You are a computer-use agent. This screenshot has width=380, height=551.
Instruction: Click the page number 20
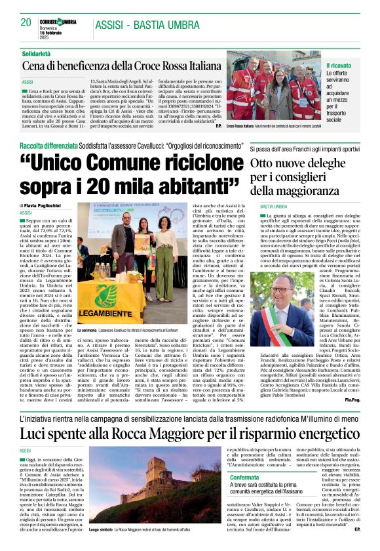click(x=26, y=22)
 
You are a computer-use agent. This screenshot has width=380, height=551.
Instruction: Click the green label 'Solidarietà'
click(x=37, y=52)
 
